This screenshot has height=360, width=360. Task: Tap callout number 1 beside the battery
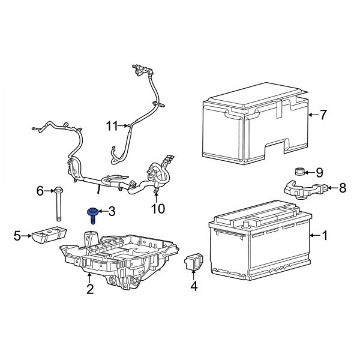point(325,236)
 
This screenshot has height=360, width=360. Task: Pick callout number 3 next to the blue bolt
point(112,211)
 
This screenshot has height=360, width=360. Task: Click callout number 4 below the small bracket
point(193,287)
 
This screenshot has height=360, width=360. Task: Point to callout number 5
point(18,236)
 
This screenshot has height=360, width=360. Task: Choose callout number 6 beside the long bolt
point(40,191)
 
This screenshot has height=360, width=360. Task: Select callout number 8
point(342,188)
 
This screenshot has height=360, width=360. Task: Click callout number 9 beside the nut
point(319,172)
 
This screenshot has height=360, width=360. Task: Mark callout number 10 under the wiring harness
point(157,209)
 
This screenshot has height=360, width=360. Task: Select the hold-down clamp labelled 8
point(305,189)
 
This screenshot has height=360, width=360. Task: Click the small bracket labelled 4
point(194,262)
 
